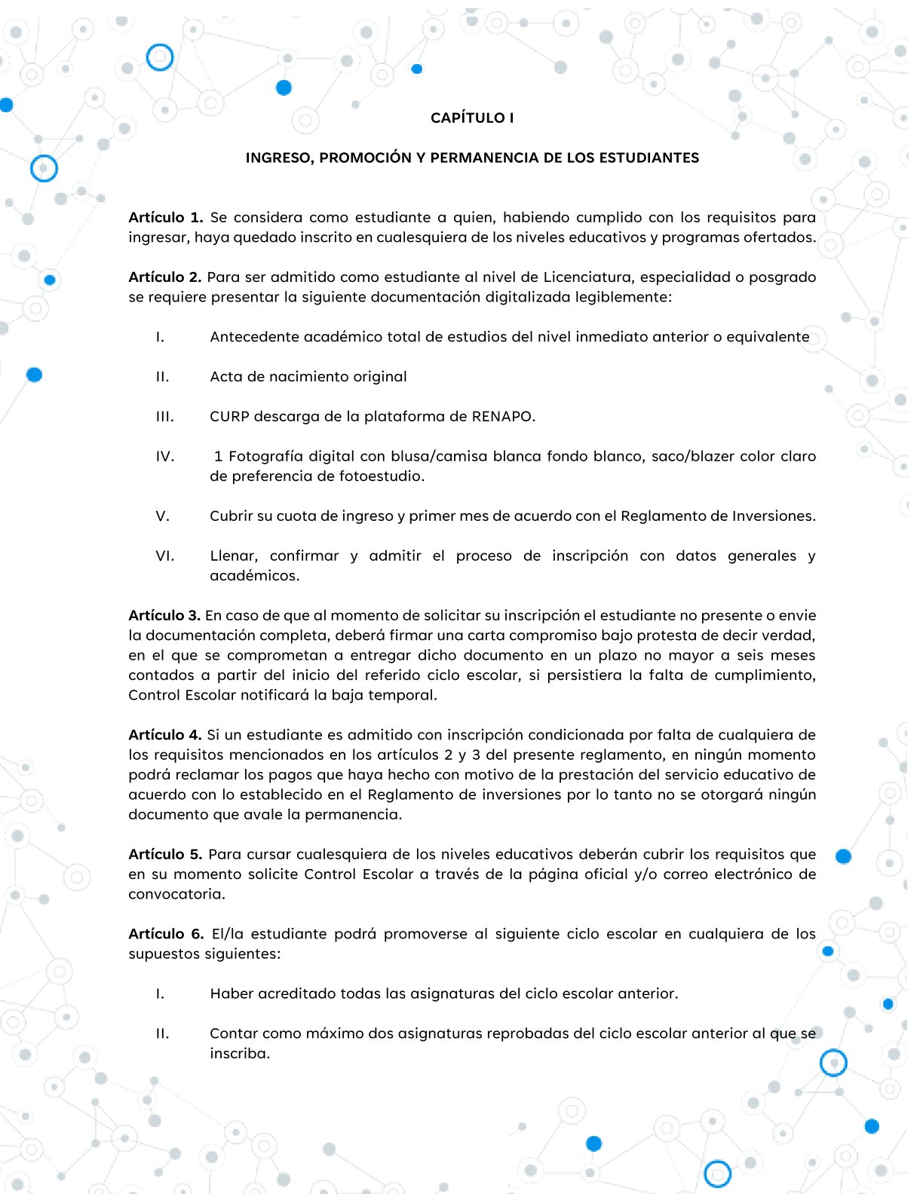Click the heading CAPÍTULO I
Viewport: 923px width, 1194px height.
(472, 118)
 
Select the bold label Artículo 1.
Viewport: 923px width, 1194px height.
(166, 218)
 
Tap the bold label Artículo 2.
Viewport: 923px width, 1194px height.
(165, 277)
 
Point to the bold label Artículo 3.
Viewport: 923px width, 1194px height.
(164, 616)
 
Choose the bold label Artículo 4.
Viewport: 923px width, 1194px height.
(165, 735)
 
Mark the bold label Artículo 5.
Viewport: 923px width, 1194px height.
(165, 855)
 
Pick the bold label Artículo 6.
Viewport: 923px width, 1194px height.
(166, 934)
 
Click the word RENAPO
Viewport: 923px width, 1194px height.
(503, 417)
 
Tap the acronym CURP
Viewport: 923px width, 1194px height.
(229, 417)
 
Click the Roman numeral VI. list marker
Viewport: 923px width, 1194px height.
(165, 556)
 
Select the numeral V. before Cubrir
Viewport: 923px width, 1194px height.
(163, 516)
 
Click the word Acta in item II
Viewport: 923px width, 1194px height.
(225, 377)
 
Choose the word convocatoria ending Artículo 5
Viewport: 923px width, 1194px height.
(176, 895)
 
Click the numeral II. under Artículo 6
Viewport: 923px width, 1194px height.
(163, 1033)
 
